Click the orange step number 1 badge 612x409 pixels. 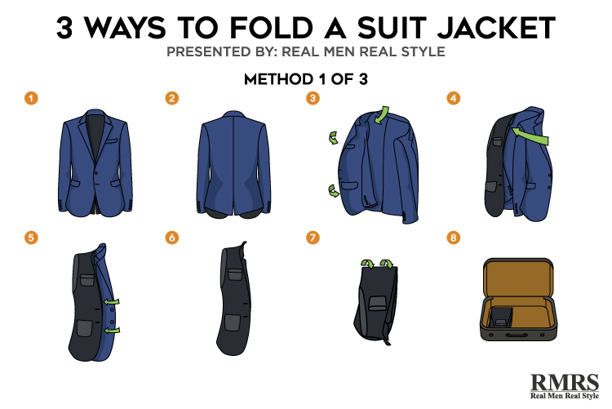point(31,98)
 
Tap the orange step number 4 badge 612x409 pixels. point(453,98)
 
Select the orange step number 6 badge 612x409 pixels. point(171,238)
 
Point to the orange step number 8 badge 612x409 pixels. point(453,238)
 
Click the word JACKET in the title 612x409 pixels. point(496,28)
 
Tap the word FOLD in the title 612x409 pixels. point(271,28)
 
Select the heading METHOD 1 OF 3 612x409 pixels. point(306,79)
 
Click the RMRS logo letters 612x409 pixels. point(565,382)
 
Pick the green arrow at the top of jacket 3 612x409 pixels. point(382,114)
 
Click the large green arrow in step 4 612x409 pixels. point(531,136)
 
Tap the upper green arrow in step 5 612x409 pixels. point(112,302)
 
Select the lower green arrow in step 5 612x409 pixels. point(113,331)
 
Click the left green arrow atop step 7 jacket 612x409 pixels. point(367,264)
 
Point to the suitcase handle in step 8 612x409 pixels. point(516,336)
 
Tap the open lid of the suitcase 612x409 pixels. point(518,278)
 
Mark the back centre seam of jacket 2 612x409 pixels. point(233,164)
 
